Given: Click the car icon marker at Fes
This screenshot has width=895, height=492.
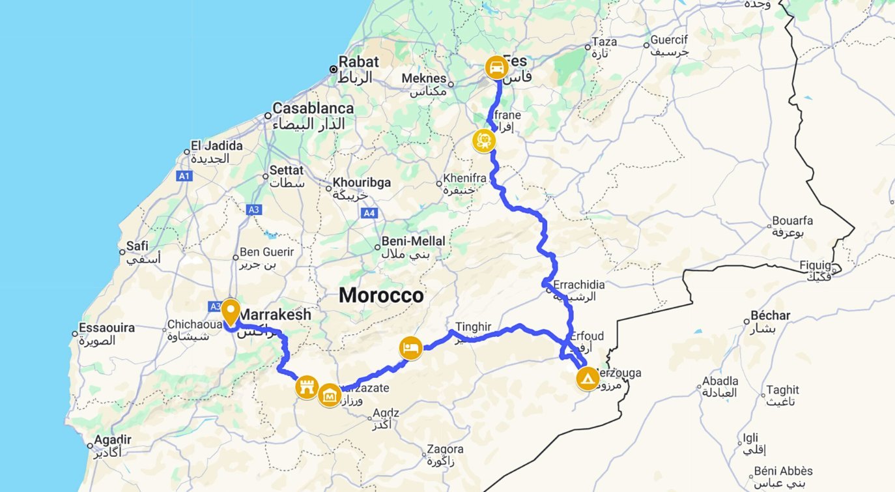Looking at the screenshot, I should pyautogui.click(x=496, y=67).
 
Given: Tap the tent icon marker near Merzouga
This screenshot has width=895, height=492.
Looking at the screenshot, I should pyautogui.click(x=588, y=378).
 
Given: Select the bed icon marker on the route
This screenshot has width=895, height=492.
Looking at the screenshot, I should pyautogui.click(x=410, y=348).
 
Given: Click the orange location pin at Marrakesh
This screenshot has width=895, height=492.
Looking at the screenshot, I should pyautogui.click(x=230, y=312).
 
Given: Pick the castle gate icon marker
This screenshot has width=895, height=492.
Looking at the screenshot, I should pyautogui.click(x=306, y=387).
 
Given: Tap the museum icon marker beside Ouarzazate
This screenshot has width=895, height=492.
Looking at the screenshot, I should pyautogui.click(x=330, y=395).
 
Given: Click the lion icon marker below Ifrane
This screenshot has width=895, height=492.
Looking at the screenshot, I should pyautogui.click(x=483, y=141).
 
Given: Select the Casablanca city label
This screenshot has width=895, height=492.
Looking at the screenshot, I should pyautogui.click(x=313, y=108).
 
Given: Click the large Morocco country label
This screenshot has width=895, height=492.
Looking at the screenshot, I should pyautogui.click(x=381, y=295).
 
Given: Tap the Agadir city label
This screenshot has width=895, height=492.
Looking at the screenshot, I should pyautogui.click(x=113, y=439).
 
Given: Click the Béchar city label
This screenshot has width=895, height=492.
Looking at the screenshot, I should pyautogui.click(x=771, y=315).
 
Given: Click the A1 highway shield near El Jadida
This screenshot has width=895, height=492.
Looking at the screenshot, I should pyautogui.click(x=184, y=175).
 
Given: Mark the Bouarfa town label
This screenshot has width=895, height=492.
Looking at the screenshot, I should pyautogui.click(x=792, y=221).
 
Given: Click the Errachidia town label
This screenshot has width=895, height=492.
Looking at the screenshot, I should pyautogui.click(x=579, y=285).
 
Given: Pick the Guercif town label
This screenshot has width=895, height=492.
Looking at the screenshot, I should pyautogui.click(x=669, y=40).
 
